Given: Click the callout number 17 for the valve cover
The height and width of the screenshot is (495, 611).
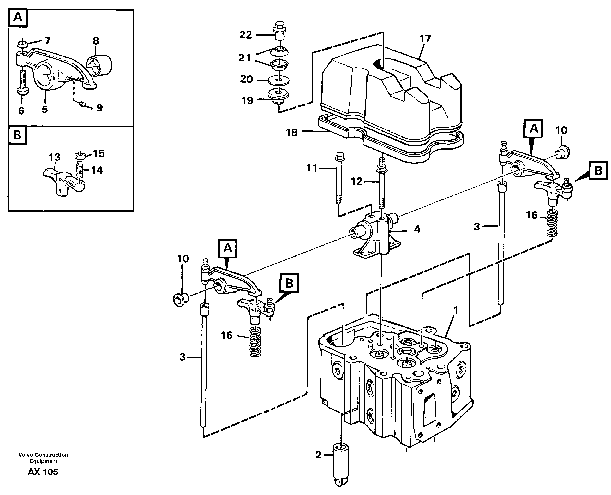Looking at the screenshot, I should click(x=425, y=39).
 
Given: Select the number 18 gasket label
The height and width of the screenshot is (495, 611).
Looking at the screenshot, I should click(x=292, y=132).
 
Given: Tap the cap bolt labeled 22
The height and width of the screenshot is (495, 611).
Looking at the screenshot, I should click(x=279, y=34).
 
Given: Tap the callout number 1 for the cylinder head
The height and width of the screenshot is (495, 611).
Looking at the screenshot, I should click(x=455, y=310).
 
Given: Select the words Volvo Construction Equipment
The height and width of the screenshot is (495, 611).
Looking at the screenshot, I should click(x=43, y=458).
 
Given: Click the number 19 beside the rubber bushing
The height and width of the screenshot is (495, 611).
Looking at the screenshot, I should click(x=247, y=100).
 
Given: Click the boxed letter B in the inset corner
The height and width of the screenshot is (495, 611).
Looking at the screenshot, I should click(x=17, y=135).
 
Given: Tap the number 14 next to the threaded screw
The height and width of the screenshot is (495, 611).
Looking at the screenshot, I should click(x=97, y=170).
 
